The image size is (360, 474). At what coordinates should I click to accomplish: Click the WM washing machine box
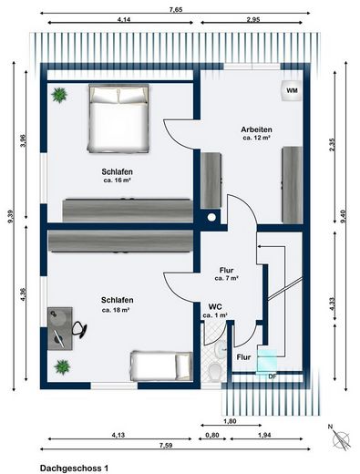click(292, 91)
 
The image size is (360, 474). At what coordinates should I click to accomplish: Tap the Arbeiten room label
click(256, 129)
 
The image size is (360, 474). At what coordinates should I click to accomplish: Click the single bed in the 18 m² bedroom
click(162, 366)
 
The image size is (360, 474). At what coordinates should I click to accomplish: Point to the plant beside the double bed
click(60, 94)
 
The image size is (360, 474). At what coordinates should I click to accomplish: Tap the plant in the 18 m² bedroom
click(62, 366)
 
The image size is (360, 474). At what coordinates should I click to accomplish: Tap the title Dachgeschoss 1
click(74, 466)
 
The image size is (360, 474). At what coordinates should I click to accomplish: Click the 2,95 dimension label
click(255, 19)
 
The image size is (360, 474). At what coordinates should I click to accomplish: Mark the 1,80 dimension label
click(230, 422)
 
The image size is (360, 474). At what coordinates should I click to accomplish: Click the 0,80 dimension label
click(211, 436)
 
